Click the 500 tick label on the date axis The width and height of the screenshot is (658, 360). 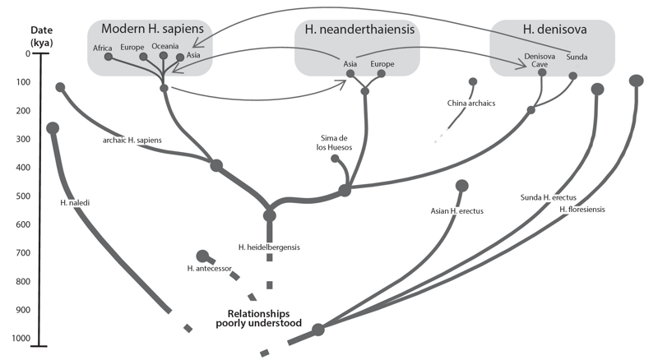(x=24, y=196)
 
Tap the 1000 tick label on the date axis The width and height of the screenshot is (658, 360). (x=21, y=338)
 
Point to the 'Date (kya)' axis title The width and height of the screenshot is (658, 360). (x=42, y=36)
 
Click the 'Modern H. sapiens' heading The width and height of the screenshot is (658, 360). (x=152, y=29)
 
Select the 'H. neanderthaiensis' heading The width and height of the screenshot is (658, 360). (x=359, y=29)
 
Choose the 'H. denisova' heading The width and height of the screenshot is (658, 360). (x=554, y=29)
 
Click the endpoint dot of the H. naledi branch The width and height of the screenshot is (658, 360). (x=53, y=128)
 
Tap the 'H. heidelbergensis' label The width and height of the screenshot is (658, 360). (x=269, y=247)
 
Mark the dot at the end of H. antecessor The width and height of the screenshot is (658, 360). (x=202, y=255)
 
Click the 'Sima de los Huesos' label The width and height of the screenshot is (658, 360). (x=334, y=143)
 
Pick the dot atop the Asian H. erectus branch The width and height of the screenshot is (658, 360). (x=461, y=186)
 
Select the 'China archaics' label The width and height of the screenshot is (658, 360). (x=470, y=104)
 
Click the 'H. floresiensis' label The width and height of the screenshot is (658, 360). (x=582, y=209)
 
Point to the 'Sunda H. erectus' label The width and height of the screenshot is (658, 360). (x=548, y=197)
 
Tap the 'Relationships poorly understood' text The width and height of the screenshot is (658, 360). (x=258, y=318)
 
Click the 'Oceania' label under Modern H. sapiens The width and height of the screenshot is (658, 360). (x=165, y=46)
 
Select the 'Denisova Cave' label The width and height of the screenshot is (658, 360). (x=540, y=60)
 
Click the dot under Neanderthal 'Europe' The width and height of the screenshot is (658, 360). (x=381, y=74)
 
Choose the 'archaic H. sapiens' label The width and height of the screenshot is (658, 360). (x=132, y=141)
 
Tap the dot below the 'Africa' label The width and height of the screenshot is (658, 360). (x=109, y=57)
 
